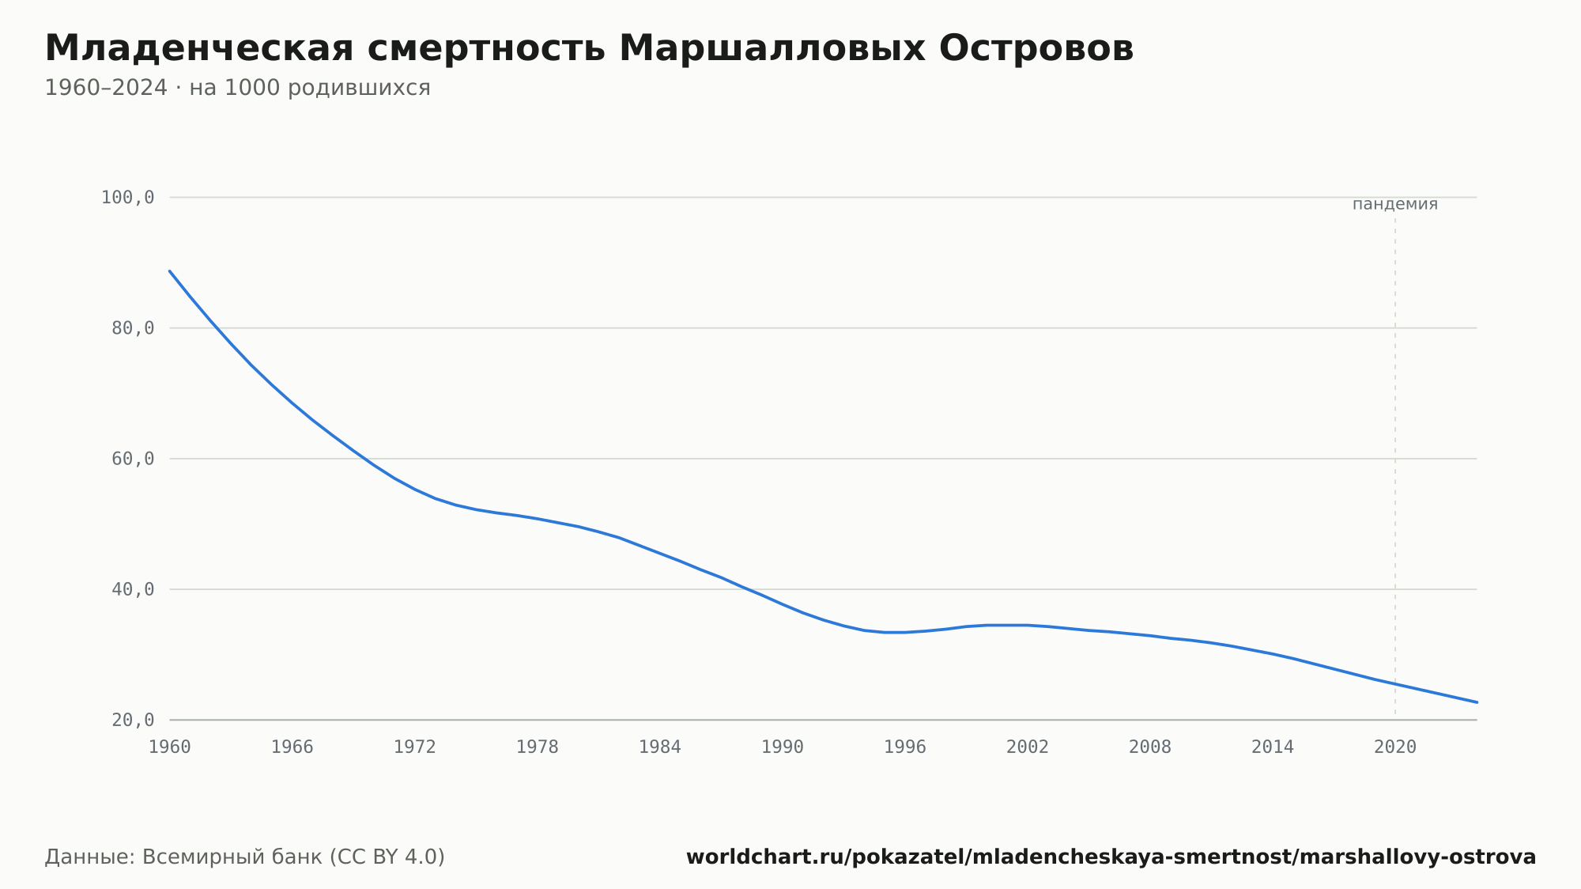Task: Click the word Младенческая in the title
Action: point(199,48)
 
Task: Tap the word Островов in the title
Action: point(1036,48)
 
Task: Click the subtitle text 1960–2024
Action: point(106,88)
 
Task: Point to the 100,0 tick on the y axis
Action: point(127,198)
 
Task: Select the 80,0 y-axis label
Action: point(133,328)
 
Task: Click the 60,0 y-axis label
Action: point(133,459)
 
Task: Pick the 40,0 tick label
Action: point(133,589)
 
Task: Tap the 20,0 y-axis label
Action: point(133,720)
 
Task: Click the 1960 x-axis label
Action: point(170,747)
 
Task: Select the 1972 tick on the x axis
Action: point(415,747)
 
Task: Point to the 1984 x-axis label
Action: point(660,747)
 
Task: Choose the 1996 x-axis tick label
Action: point(905,747)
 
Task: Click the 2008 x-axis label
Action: point(1150,747)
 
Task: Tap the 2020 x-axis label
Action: point(1395,747)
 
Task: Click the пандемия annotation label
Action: point(1395,204)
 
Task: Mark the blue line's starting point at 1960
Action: point(170,270)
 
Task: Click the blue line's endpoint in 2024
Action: point(1477,702)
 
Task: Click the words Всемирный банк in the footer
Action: point(232,857)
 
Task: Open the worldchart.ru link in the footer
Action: point(1111,857)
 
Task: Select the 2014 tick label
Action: point(1273,747)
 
